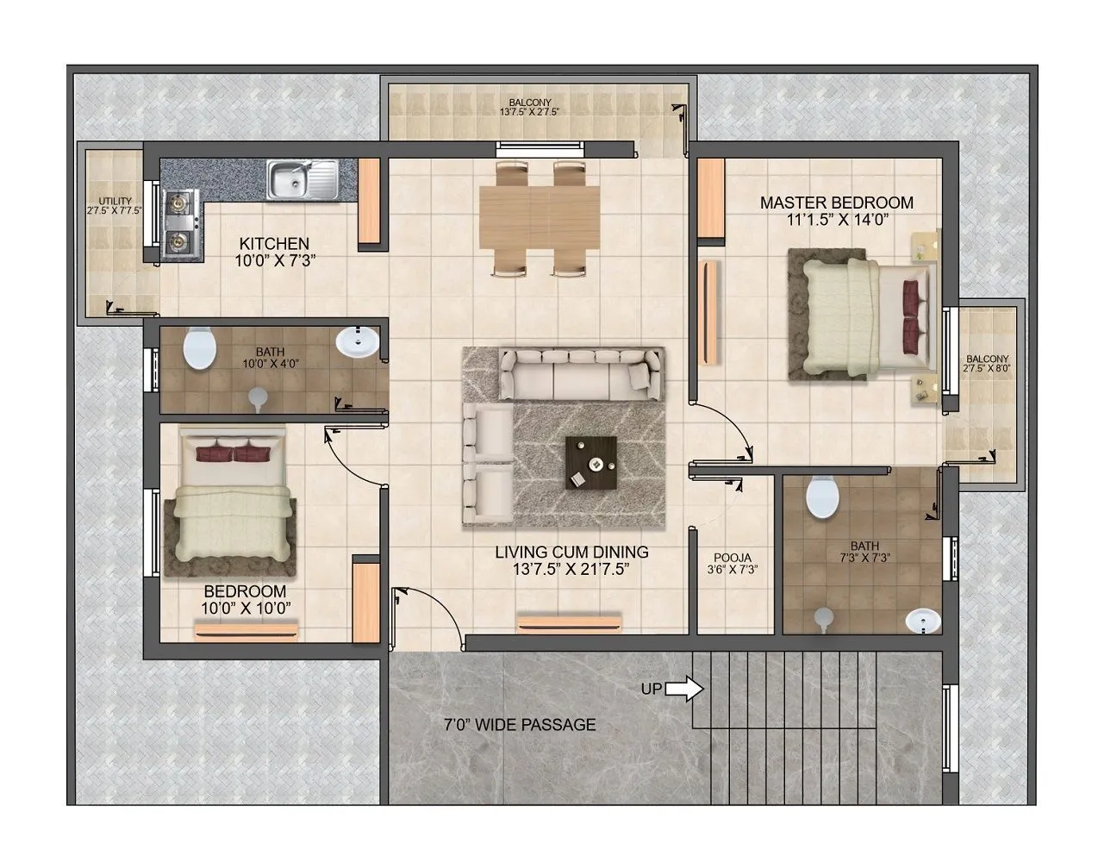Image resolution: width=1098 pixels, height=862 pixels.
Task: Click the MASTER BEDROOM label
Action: pyautogui.click(x=836, y=203)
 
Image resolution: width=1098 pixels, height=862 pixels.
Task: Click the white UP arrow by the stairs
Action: pyautogui.click(x=684, y=689)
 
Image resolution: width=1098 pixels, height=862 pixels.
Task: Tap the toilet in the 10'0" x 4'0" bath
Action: pyautogui.click(x=200, y=348)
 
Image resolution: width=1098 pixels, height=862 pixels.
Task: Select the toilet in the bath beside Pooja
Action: pyautogui.click(x=823, y=497)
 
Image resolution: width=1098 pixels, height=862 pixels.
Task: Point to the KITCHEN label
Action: pyautogui.click(x=274, y=244)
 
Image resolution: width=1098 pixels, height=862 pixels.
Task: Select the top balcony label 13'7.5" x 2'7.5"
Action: pyautogui.click(x=530, y=108)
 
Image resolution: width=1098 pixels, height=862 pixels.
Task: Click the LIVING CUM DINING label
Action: pyautogui.click(x=571, y=553)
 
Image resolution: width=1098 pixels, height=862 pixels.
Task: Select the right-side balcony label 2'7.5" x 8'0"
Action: pyautogui.click(x=988, y=363)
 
